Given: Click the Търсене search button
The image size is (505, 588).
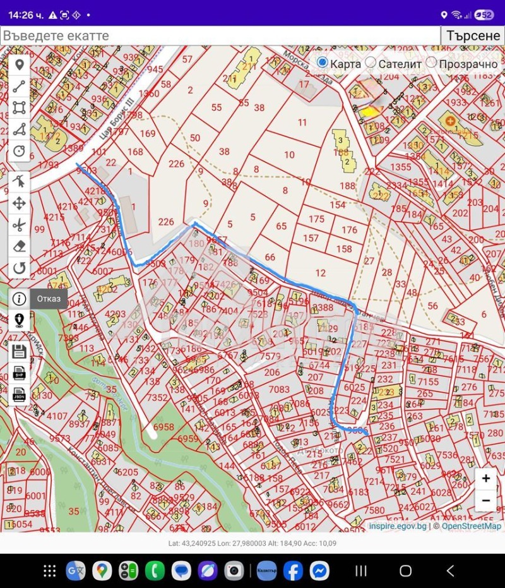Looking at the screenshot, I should coord(473,35).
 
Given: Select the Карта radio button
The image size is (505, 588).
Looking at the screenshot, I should coord(323,63).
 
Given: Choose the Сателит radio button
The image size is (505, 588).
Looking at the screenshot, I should coord(371,63).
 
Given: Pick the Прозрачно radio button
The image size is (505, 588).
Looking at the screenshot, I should coord(432,63).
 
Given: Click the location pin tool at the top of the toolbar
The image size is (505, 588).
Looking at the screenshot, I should coord(19,65).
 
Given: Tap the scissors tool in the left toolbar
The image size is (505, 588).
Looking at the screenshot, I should coord(19,224).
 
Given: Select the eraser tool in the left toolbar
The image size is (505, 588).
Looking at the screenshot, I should coord(19,246).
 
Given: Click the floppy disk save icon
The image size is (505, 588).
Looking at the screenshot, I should coord(19,352).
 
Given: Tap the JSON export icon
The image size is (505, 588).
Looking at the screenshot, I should coord(19,395).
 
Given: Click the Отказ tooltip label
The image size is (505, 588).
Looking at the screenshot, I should coord(48,299).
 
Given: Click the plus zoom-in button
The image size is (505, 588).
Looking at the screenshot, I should coord(485,479).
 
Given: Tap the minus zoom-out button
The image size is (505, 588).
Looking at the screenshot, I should coord(485,501).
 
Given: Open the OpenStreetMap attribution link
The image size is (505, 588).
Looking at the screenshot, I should coord(471,526).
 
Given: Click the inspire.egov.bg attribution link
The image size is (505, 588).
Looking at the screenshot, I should coord(398,526).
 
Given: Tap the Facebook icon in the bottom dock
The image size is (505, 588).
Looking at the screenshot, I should coord(293,571).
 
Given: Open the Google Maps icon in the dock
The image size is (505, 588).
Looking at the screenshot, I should coord(102,571).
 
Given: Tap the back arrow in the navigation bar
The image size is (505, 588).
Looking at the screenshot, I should coord(450,571).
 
